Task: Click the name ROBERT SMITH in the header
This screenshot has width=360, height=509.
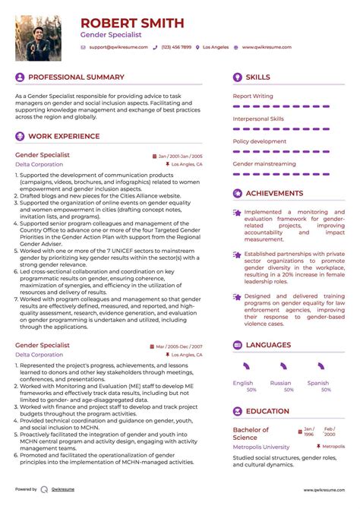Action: click(x=132, y=23)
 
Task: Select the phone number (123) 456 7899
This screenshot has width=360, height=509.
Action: click(x=175, y=47)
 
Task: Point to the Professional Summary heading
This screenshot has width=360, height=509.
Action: click(x=76, y=77)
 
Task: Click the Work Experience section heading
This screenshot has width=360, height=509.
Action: click(x=64, y=137)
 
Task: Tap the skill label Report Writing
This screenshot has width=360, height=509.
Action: click(x=253, y=96)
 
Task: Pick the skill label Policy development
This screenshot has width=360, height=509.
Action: click(x=259, y=141)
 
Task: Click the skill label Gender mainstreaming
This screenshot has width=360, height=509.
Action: click(x=264, y=164)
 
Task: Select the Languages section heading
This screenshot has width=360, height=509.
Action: click(x=268, y=345)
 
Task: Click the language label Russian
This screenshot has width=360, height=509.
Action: click(x=281, y=384)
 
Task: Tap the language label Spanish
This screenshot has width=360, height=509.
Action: click(x=318, y=384)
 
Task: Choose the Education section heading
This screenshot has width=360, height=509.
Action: click(x=267, y=412)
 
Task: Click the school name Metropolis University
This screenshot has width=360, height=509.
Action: click(x=261, y=447)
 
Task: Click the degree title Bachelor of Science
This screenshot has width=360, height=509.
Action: click(x=251, y=433)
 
